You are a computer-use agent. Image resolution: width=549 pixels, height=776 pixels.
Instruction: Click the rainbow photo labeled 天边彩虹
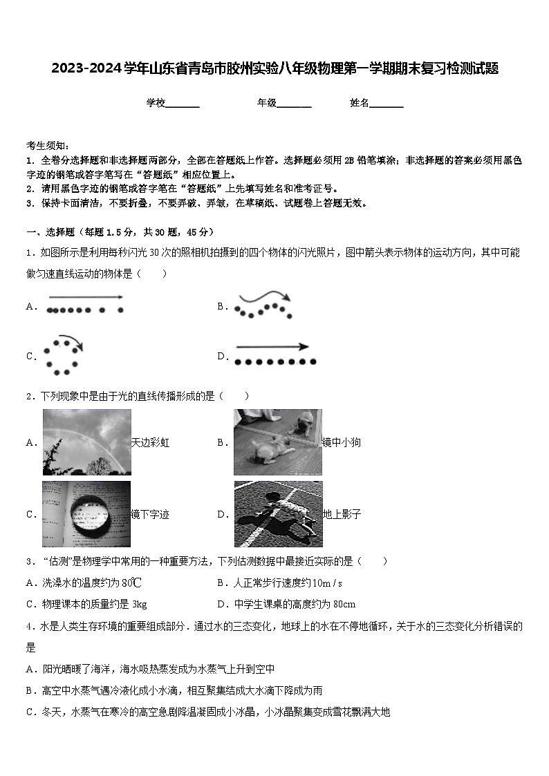[x=86, y=442]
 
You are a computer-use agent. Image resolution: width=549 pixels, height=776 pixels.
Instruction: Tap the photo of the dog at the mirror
[x=277, y=442]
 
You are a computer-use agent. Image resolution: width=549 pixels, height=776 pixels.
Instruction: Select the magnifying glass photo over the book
[x=86, y=513]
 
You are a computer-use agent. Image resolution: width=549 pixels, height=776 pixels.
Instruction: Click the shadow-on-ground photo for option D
[x=277, y=513]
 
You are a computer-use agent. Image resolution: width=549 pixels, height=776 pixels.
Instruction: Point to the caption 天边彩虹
[x=150, y=443]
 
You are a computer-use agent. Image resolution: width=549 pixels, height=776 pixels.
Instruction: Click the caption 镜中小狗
[x=342, y=443]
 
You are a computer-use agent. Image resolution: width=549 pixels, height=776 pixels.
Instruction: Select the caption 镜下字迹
[x=150, y=514]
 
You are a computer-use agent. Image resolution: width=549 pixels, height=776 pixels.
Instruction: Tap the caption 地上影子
[x=342, y=514]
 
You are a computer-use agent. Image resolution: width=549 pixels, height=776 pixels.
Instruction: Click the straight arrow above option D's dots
[x=272, y=347]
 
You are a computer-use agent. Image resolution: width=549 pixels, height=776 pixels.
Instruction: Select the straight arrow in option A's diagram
[x=85, y=297]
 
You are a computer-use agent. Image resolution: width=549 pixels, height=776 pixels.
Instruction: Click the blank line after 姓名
[x=387, y=104]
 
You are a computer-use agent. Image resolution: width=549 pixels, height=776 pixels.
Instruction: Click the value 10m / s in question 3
[x=328, y=583]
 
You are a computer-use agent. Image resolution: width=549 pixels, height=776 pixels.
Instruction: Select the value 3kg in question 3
[x=139, y=604]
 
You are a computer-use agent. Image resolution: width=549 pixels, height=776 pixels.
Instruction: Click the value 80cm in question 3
[x=344, y=604]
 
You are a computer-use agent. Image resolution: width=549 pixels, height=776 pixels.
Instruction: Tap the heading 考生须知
[x=48, y=146]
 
